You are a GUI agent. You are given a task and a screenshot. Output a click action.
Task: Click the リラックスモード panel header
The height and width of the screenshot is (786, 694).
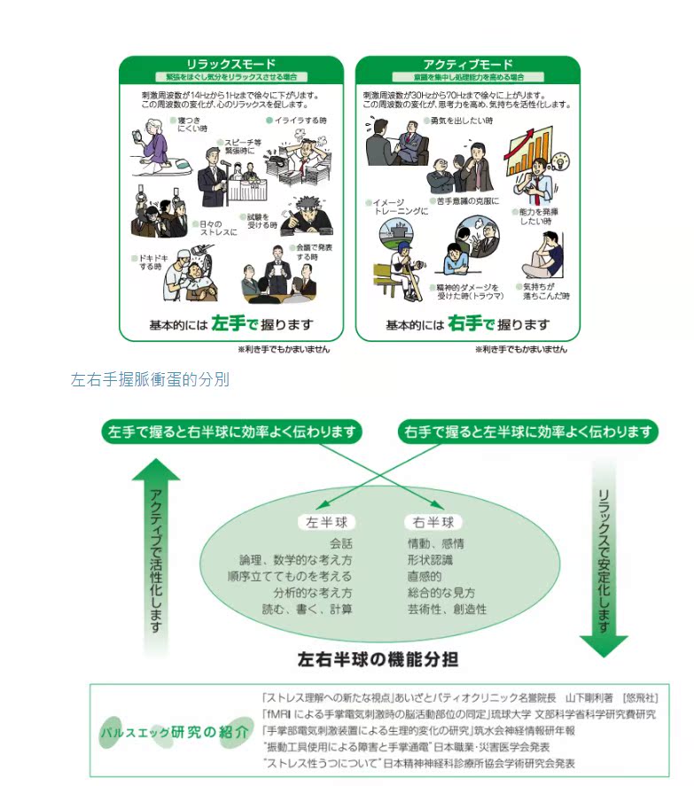tap(230, 65)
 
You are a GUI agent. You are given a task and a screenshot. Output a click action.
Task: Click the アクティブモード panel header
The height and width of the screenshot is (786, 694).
tap(467, 65)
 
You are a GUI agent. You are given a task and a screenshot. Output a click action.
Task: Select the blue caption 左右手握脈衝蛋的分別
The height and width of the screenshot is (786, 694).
tap(150, 379)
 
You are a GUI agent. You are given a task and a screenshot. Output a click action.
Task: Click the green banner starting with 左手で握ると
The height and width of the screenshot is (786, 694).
tap(232, 432)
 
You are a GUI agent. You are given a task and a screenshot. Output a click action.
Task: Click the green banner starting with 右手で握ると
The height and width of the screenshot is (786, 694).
tap(530, 432)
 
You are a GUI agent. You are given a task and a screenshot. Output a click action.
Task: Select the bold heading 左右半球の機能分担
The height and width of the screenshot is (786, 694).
tap(378, 660)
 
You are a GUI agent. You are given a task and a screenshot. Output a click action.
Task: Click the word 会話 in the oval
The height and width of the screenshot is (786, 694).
tap(340, 543)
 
